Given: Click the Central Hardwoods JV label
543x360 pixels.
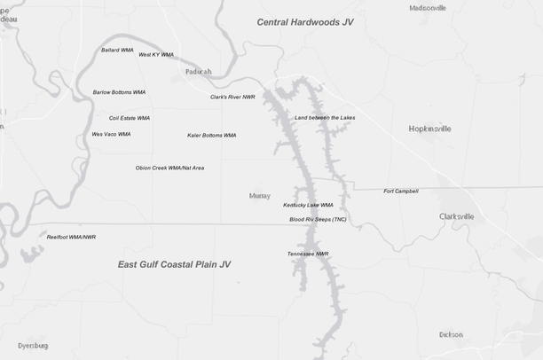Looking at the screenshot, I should [x=304, y=21].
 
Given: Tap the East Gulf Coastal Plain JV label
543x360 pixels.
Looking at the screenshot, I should [x=174, y=264].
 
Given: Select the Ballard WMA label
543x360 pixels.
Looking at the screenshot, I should [x=117, y=51].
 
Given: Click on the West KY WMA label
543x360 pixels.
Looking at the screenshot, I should [x=156, y=55].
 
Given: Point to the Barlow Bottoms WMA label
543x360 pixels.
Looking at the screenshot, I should [x=119, y=92].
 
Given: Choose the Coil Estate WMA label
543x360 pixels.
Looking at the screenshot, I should [x=130, y=118].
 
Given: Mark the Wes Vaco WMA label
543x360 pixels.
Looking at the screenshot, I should [x=111, y=135].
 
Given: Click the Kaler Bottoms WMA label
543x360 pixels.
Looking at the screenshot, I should [x=211, y=136].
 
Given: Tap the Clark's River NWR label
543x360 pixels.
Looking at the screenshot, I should [x=232, y=98].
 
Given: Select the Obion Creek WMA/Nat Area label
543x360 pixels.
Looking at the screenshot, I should [x=169, y=168].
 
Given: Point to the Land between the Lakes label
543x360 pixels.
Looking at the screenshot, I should [x=325, y=118].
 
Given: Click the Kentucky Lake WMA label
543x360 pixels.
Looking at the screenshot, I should [x=308, y=205].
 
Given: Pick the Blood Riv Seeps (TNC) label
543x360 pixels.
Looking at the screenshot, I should [x=318, y=219].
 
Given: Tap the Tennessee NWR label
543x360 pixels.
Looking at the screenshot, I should [x=308, y=254].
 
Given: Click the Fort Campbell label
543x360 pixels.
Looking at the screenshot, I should [x=401, y=192].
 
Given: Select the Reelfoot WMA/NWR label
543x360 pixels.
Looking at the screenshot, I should [x=71, y=238].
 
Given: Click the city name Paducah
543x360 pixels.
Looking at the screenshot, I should [x=199, y=72].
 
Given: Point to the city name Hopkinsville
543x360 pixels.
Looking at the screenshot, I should [x=429, y=129].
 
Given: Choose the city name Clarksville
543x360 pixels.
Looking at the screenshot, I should [x=456, y=216].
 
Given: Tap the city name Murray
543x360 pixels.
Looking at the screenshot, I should [x=260, y=195].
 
